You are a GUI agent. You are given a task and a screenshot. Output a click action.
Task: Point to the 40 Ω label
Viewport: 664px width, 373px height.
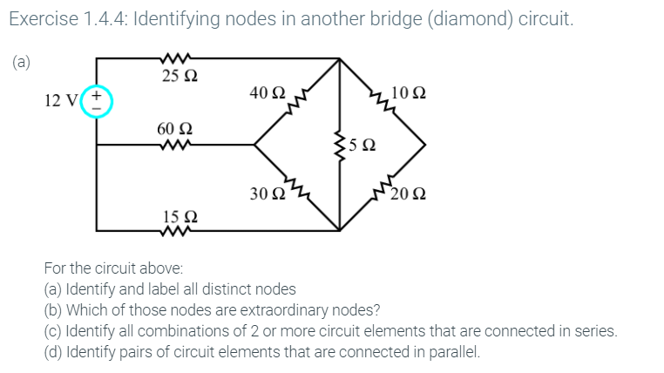click(x=266, y=92)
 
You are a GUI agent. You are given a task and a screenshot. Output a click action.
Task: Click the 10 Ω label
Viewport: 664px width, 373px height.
click(x=410, y=92)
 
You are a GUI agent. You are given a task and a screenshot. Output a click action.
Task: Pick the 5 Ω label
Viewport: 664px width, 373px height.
click(x=364, y=146)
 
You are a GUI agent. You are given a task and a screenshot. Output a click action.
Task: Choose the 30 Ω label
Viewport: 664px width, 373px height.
click(x=266, y=193)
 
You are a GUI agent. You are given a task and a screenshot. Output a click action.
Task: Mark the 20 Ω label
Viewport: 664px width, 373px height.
click(x=408, y=193)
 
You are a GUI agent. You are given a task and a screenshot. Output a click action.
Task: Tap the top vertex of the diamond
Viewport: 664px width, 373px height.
click(x=340, y=59)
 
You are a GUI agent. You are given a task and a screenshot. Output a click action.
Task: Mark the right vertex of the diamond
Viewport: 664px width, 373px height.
click(x=425, y=145)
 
